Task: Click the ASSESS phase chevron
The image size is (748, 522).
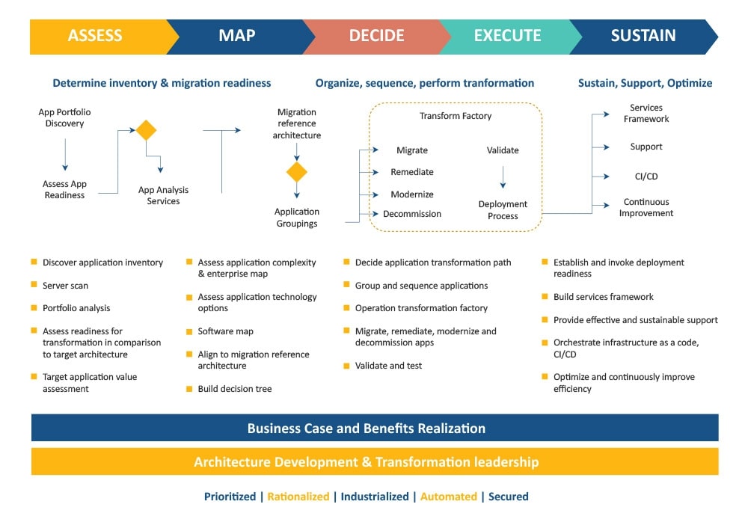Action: coord(96,36)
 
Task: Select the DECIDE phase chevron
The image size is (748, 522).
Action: coord(376,36)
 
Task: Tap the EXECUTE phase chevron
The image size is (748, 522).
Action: coord(507,36)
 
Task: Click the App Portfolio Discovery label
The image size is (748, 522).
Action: coord(64,117)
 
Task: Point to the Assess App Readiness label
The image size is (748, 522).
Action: coord(64,189)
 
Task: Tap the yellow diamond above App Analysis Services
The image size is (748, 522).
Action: coord(146,130)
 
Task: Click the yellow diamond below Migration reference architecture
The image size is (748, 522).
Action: coord(297,173)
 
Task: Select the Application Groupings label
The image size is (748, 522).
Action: coord(297,217)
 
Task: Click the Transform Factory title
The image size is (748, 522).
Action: coord(456,116)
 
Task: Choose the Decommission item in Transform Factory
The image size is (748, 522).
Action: coord(412,214)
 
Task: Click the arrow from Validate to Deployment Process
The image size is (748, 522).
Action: coord(503,176)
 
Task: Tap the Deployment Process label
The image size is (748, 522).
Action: coord(503,209)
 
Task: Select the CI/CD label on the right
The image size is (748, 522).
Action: coord(646,176)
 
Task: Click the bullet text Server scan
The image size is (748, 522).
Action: coord(65,286)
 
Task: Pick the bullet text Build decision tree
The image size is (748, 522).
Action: coord(235,389)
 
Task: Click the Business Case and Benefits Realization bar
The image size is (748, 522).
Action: coord(374,429)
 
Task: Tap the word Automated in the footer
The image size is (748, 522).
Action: coord(449,497)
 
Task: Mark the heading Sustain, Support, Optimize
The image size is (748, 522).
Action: coord(645,83)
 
